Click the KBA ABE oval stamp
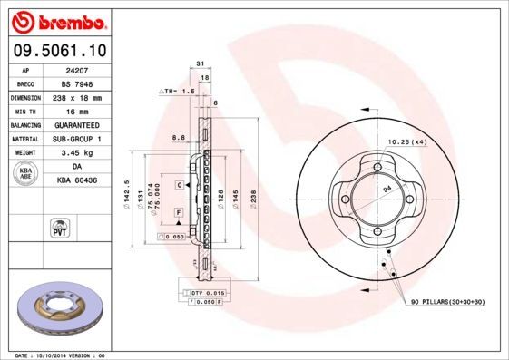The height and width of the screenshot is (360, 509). [x=25, y=173]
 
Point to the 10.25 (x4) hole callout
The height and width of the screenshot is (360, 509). [x=407, y=142]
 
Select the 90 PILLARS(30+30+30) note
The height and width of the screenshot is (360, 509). [x=449, y=301]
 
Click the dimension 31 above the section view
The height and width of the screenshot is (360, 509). [x=199, y=63]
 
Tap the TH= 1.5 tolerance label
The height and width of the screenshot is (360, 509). [x=178, y=92]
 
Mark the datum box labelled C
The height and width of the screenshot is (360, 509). [x=180, y=184]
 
